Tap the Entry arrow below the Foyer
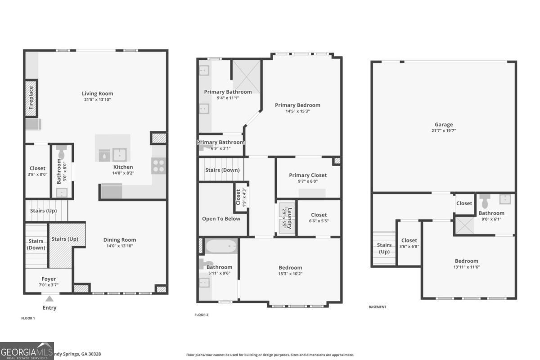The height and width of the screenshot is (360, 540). pyautogui.click(x=49, y=298)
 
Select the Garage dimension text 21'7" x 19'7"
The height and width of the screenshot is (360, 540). pyautogui.click(x=444, y=131)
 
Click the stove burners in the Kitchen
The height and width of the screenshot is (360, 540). pyautogui.click(x=158, y=166)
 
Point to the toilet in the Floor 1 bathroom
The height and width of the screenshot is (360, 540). pyautogui.click(x=62, y=153)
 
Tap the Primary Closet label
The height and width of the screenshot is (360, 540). pyautogui.click(x=308, y=175)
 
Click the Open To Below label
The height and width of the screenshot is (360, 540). pyautogui.click(x=221, y=219)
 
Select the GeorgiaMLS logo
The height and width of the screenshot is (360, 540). pyautogui.click(x=27, y=351)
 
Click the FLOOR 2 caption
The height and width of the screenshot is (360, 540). pyautogui.click(x=201, y=315)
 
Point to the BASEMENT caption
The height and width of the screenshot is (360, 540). pyautogui.click(x=377, y=307)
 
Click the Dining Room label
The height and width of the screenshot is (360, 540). pyautogui.click(x=120, y=240)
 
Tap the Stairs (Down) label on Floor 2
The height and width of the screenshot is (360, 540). pyautogui.click(x=222, y=170)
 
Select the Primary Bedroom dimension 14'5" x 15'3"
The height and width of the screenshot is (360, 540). pyautogui.click(x=298, y=111)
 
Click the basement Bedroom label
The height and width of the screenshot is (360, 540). pyautogui.click(x=466, y=261)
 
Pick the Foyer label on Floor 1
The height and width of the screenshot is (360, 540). pyautogui.click(x=49, y=279)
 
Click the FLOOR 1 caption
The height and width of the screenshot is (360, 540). pyautogui.click(x=28, y=318)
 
